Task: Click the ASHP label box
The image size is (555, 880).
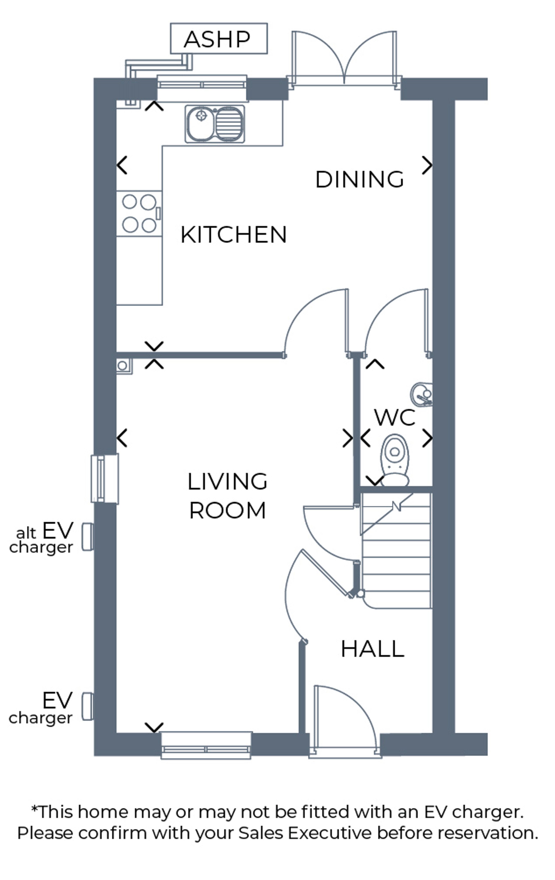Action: point(218,38)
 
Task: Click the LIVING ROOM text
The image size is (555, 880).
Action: point(227,496)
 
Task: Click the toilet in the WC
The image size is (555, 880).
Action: point(395,460)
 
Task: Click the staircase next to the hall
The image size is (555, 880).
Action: point(396,550)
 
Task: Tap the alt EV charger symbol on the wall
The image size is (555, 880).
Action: point(87,536)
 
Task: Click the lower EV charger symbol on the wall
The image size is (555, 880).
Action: point(87,706)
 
